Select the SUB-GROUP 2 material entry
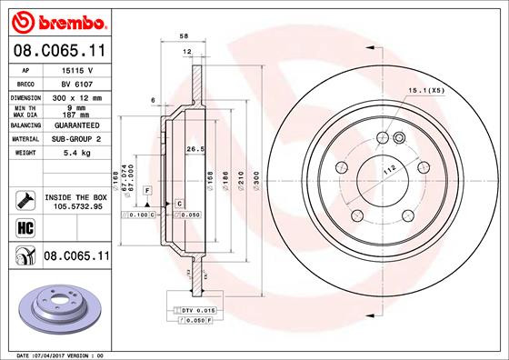(x=74, y=139)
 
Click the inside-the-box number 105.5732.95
(x=75, y=206)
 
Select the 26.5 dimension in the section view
(x=192, y=149)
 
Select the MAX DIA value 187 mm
(x=72, y=115)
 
